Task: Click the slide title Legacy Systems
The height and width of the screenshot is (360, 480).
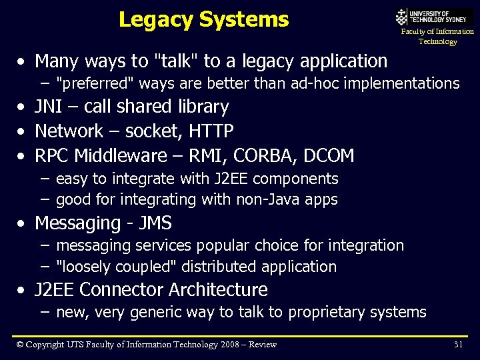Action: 203,19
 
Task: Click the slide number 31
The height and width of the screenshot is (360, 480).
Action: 458,344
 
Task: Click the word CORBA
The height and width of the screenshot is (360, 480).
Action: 260,156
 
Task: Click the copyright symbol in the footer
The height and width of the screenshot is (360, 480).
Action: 19,344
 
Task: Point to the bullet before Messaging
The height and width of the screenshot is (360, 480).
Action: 23,223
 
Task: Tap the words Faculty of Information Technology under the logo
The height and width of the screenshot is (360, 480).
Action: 437,36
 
